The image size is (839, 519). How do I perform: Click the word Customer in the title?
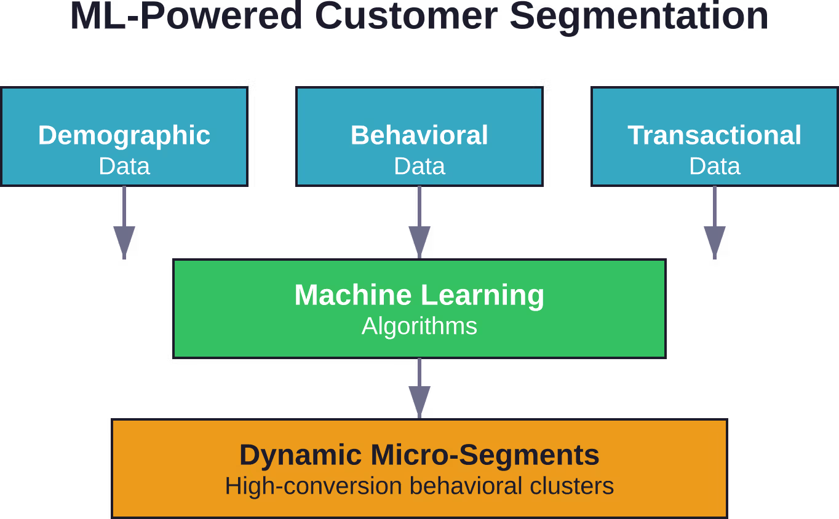[x=406, y=16]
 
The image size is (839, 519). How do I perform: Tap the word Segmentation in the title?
[x=639, y=18]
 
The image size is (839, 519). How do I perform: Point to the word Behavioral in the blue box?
[x=419, y=135]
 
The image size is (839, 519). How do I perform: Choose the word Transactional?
[x=714, y=135]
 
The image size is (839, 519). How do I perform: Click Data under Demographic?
[x=124, y=166]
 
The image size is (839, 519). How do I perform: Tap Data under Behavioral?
[x=419, y=166]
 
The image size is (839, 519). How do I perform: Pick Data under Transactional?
[x=715, y=166]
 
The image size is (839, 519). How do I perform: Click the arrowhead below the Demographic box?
[x=124, y=241]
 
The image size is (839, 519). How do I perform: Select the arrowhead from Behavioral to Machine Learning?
[x=419, y=241]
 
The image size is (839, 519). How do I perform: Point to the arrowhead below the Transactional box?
[x=715, y=241]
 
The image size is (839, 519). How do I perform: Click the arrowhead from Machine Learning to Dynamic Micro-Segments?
[x=419, y=401]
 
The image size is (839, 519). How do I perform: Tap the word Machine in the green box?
[x=353, y=295]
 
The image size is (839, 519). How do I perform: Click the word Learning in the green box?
[x=482, y=296]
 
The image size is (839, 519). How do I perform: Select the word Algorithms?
[x=419, y=327]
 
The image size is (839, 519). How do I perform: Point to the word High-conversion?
[x=314, y=486]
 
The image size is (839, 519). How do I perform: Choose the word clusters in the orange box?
[x=571, y=486]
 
